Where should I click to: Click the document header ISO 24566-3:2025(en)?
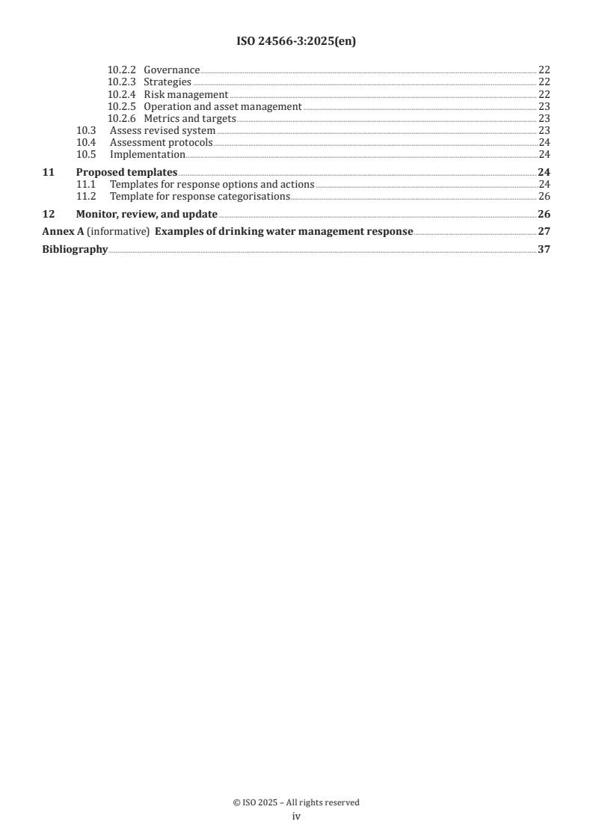[x=296, y=42]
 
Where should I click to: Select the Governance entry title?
[x=171, y=70]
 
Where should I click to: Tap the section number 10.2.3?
[x=122, y=82]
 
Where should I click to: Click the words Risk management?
[x=185, y=94]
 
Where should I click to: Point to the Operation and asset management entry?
[x=222, y=106]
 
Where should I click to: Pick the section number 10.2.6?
[x=122, y=118]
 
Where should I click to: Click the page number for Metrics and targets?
[x=544, y=118]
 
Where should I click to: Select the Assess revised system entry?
[x=162, y=130]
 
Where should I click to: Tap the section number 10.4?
[x=87, y=142]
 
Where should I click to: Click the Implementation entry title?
[x=147, y=154]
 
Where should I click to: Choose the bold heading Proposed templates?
[x=126, y=172]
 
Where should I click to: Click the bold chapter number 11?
[x=48, y=172]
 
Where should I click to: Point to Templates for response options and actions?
[x=212, y=184]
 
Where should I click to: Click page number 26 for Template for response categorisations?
[x=544, y=196]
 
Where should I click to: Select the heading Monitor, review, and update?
[x=147, y=214]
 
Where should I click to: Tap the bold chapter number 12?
[x=48, y=214]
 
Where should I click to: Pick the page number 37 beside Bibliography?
[x=544, y=250]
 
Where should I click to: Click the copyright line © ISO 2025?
[x=296, y=802]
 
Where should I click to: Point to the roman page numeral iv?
[x=296, y=817]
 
